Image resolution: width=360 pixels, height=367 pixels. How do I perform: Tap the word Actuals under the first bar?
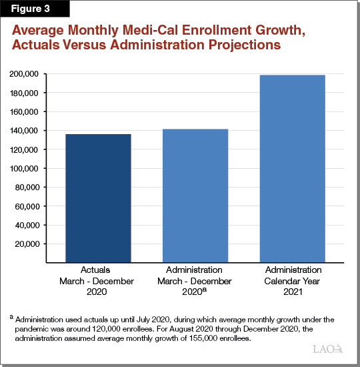pos(98,270)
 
